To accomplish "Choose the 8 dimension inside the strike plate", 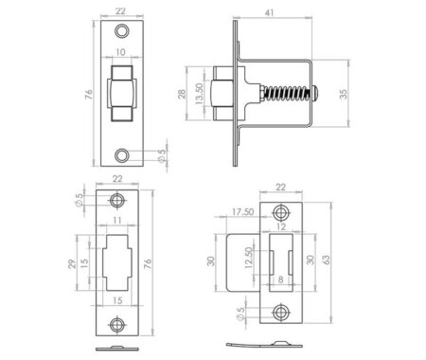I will (282, 279).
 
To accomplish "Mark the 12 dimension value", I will (282, 228).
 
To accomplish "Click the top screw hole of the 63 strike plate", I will (281, 211).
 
